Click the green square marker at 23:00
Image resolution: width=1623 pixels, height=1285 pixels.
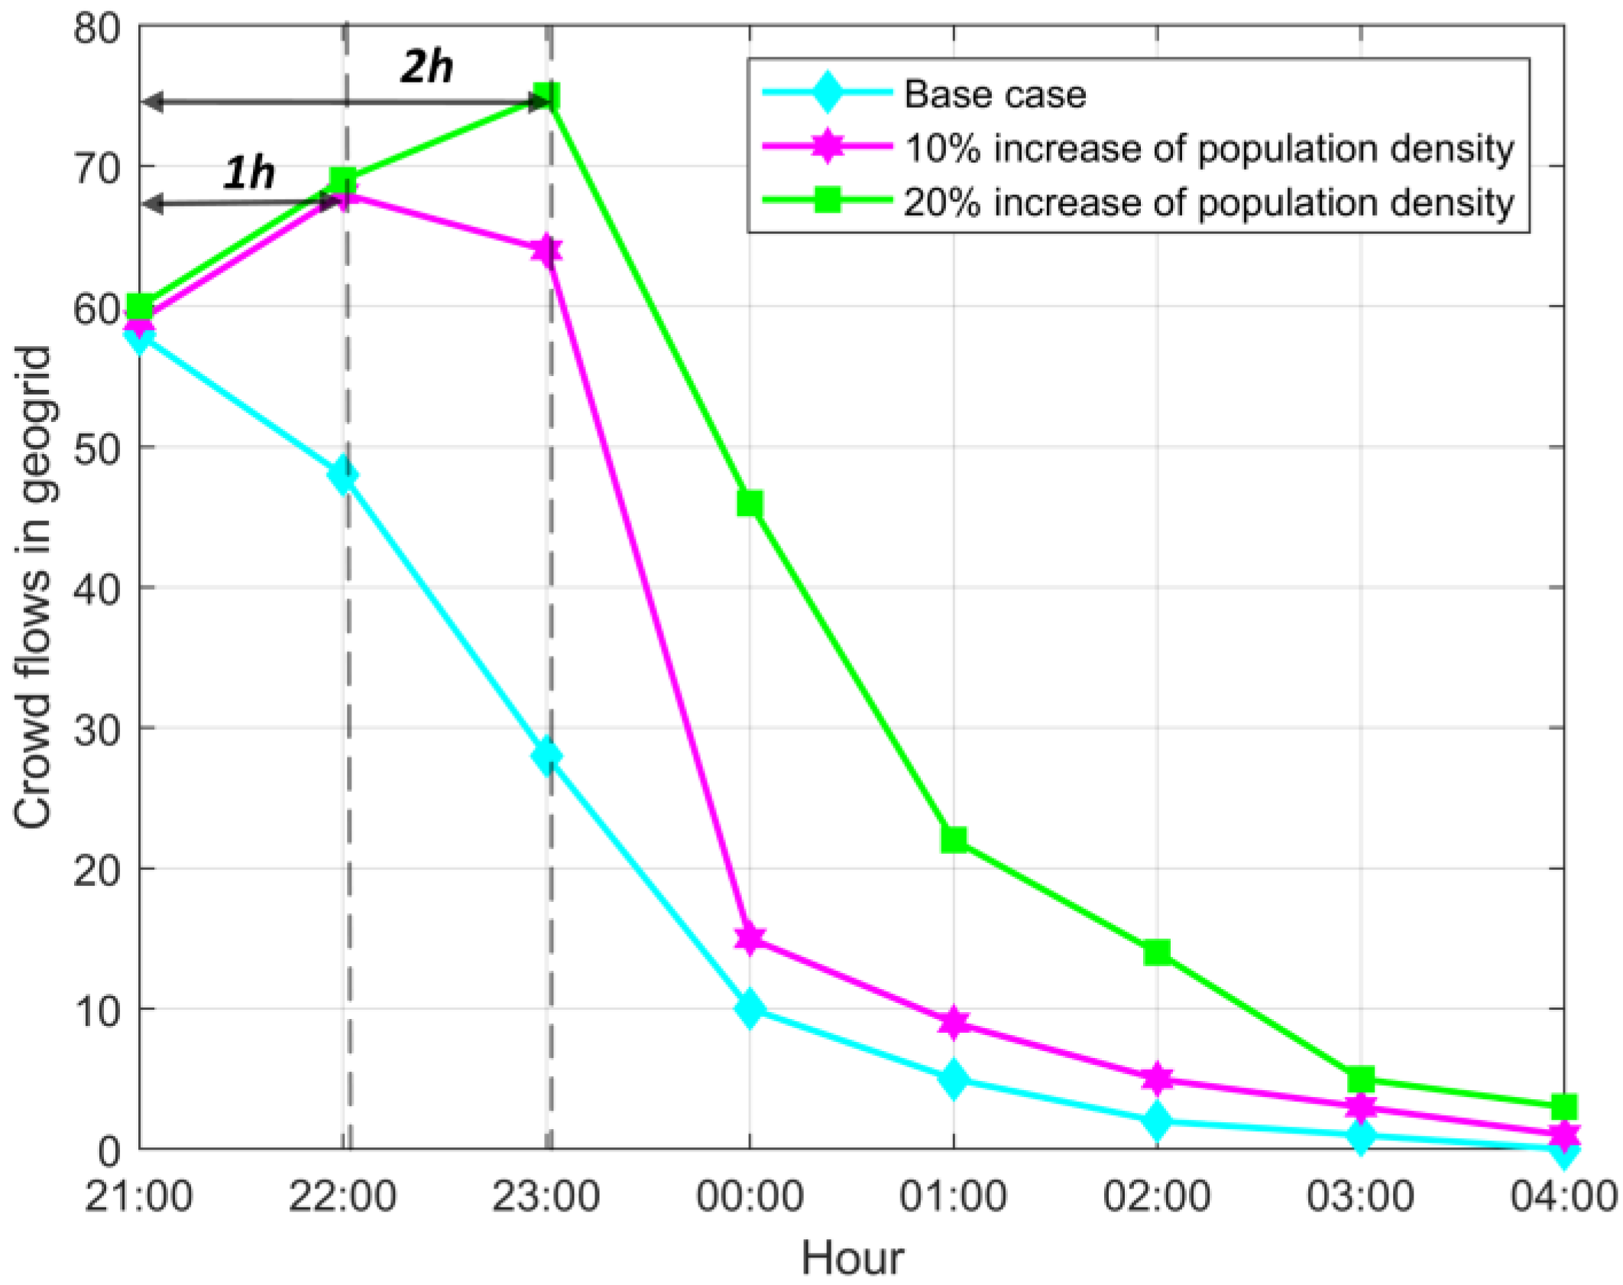point(547,97)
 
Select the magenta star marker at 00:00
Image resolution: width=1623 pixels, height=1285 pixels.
point(750,938)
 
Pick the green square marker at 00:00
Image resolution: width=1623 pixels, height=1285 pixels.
point(750,504)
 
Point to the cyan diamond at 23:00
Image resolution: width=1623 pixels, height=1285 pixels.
point(547,756)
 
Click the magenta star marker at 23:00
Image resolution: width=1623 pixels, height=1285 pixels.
point(547,251)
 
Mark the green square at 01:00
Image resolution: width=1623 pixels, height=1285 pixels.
point(954,840)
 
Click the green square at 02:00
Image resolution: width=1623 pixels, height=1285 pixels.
point(1157,952)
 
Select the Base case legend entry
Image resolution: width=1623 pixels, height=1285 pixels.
point(994,95)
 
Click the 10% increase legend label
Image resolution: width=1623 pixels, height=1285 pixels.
point(1208,148)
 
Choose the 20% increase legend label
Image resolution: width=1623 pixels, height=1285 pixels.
point(1208,203)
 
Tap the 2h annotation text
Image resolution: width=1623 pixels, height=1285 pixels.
point(426,67)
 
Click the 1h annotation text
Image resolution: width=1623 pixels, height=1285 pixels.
point(248,174)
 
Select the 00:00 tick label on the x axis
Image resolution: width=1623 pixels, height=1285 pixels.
point(749,1196)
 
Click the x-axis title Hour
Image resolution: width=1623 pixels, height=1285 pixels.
point(852,1257)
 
